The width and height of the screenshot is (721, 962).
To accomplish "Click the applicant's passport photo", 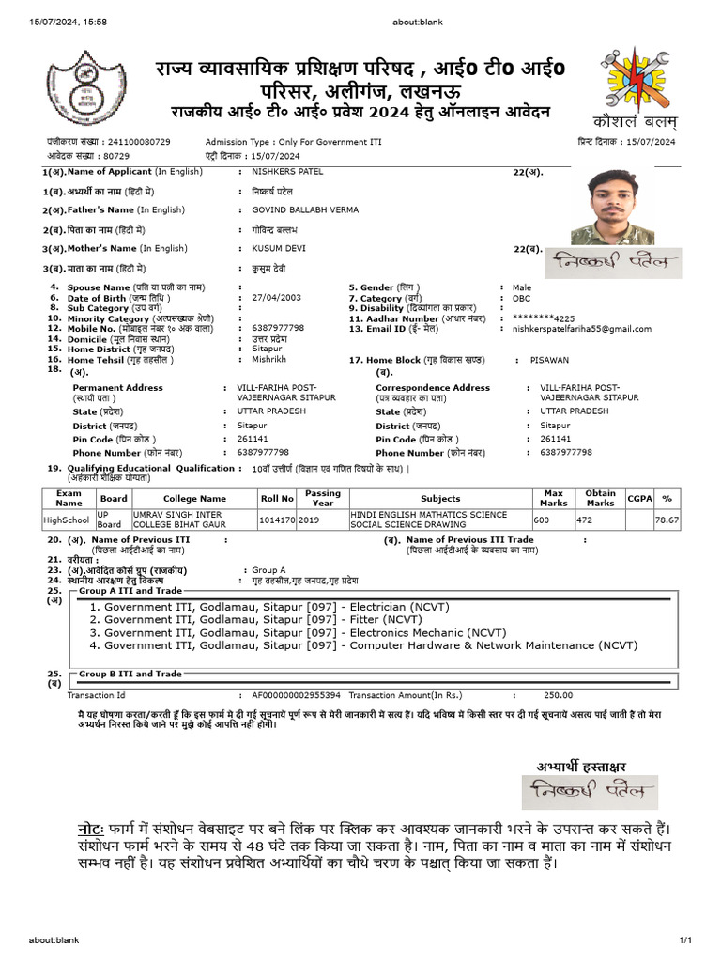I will [x=619, y=207].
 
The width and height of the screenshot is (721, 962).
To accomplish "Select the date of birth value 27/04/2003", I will [x=277, y=298].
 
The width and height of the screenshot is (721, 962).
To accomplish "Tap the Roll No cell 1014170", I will [x=277, y=519].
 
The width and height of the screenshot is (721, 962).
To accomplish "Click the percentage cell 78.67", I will [x=667, y=519].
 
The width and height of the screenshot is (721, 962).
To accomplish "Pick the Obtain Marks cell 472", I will [x=584, y=519].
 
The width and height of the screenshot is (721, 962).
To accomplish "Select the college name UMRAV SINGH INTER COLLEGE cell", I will [x=193, y=520].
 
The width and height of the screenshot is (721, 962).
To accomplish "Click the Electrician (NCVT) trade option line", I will [x=255, y=607].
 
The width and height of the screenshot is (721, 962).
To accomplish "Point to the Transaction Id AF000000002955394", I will [x=296, y=695].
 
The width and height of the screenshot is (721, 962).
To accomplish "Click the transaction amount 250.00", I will [x=558, y=695].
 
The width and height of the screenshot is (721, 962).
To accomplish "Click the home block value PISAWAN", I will [x=549, y=360].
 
